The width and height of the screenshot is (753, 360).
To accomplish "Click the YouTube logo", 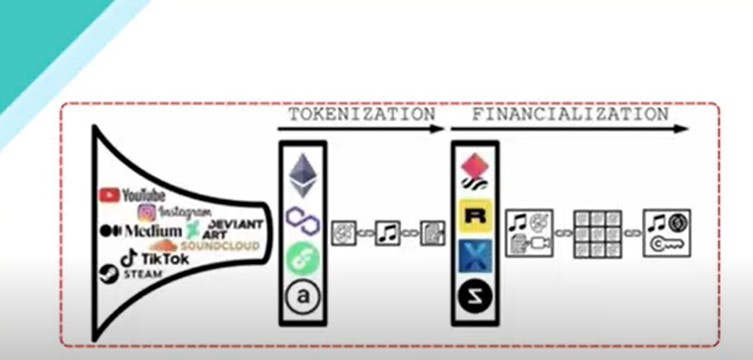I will point(132,195).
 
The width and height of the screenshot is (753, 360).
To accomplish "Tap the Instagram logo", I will point(175,212).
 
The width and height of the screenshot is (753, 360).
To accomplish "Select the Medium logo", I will point(140,230).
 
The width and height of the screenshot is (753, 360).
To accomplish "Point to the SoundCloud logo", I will point(208,246).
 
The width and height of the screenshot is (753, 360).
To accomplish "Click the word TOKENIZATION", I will point(362,114).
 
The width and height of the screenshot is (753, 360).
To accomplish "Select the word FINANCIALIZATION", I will point(570,114).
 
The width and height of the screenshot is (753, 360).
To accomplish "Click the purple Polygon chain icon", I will point(302,219).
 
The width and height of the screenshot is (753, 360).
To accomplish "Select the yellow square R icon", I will point(475,217).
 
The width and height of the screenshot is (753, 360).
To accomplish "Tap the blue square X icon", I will point(475,256).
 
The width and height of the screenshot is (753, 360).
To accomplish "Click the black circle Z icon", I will point(475,294).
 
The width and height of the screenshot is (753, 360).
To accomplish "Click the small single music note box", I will point(387,232).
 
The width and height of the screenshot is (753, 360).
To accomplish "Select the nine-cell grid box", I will point(597,234).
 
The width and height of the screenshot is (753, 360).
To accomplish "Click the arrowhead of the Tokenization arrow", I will point(439,129).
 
